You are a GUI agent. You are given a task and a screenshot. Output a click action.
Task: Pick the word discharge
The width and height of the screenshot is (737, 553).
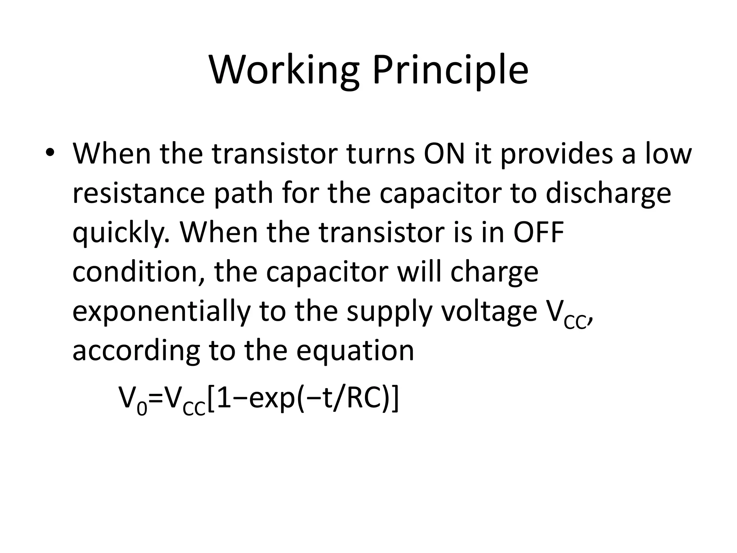pos(608,193)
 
